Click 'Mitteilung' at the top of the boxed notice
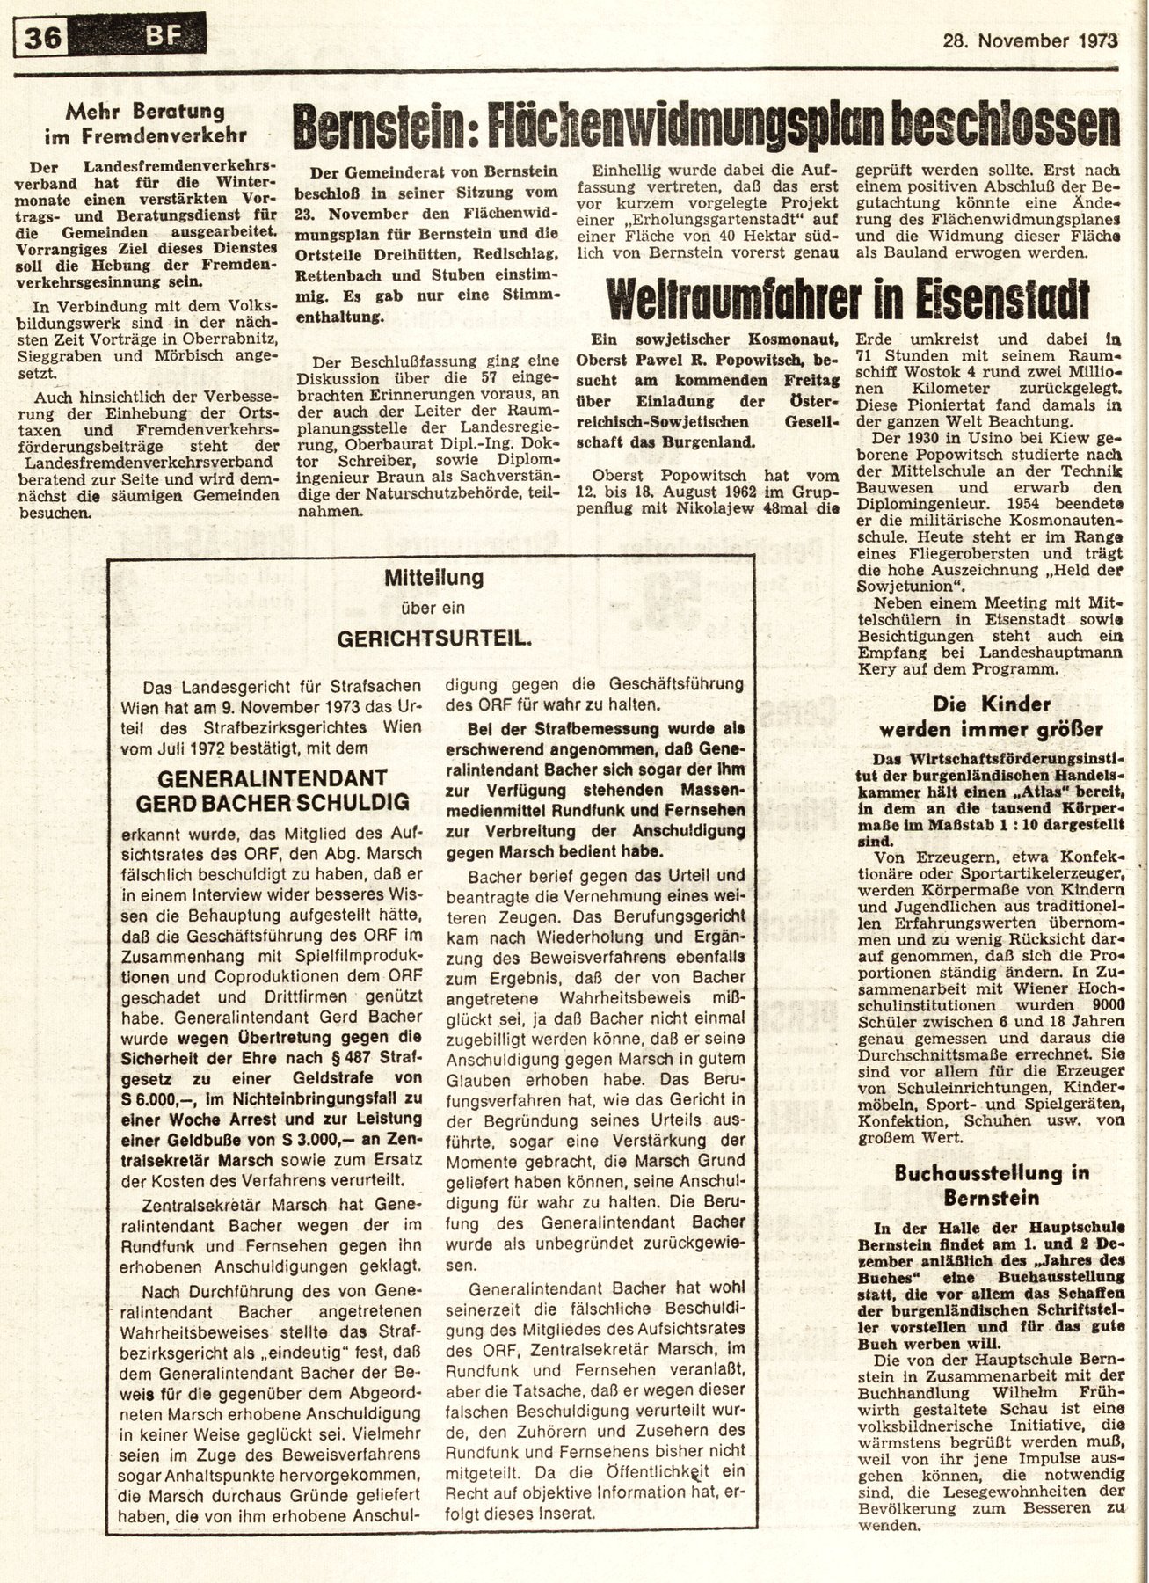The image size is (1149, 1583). click(x=434, y=579)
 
